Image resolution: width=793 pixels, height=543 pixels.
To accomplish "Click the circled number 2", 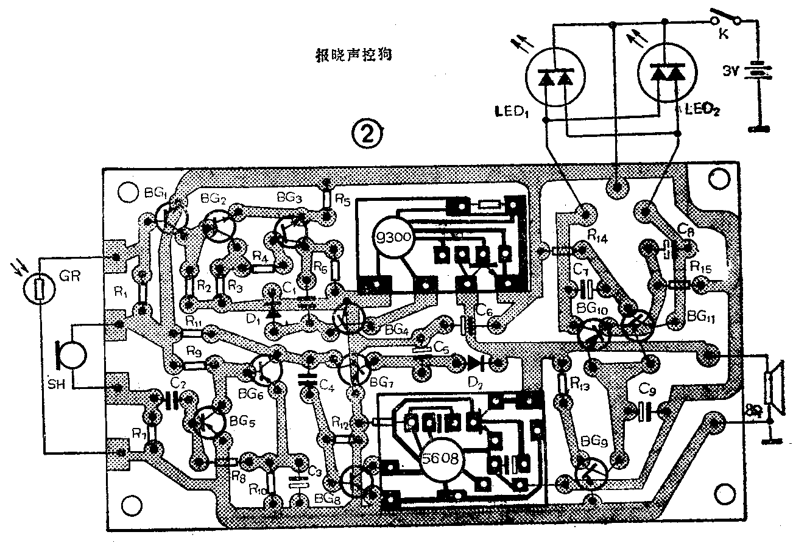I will pyautogui.click(x=370, y=133).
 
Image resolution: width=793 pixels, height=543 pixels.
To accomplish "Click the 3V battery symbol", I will pyautogui.click(x=757, y=72).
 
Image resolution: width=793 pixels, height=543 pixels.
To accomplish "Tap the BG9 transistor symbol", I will pyautogui.click(x=590, y=473).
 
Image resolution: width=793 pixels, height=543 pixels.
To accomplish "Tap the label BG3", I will pyautogui.click(x=289, y=198).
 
